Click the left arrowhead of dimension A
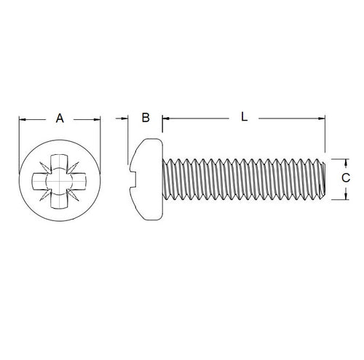click(22, 119)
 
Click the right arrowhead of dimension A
click(95, 119)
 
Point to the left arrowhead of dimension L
click(165, 118)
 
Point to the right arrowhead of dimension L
click(320, 118)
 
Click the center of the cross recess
click(58, 178)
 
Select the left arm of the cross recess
click(39, 179)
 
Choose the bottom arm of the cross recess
click(58, 199)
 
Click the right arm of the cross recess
click(79, 179)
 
